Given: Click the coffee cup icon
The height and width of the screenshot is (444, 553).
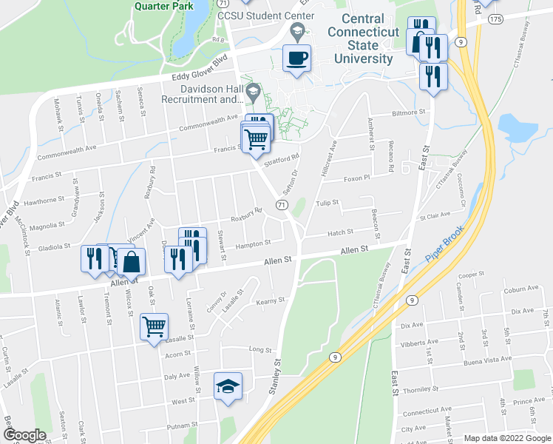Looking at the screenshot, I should [x=297, y=58].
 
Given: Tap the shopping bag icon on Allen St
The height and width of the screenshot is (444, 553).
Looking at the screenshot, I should [x=132, y=262].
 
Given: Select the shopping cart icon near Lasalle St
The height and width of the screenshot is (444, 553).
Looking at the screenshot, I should [x=154, y=326].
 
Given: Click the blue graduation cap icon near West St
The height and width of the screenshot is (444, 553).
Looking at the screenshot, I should [x=228, y=386].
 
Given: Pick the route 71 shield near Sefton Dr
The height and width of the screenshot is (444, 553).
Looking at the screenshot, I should [x=282, y=203].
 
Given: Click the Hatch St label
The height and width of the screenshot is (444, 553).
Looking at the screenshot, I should [x=340, y=232].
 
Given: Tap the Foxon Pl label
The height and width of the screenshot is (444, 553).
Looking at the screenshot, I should [x=356, y=178].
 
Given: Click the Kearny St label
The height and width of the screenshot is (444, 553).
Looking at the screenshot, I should [x=270, y=300].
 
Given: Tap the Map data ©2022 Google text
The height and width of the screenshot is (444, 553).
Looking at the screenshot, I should [x=506, y=438].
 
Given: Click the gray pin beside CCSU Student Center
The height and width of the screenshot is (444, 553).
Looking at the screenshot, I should [x=298, y=30].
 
